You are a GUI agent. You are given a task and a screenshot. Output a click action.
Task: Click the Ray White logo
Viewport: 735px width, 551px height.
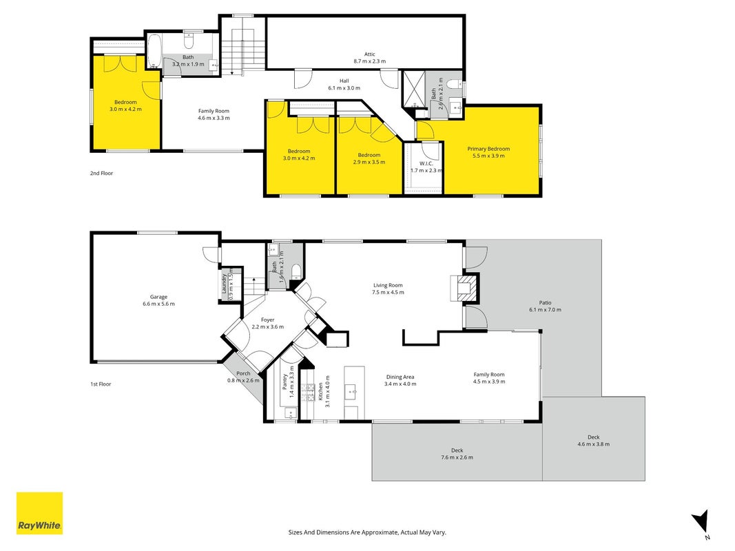point(39,513)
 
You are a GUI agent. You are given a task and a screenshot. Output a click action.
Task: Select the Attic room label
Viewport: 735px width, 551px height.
point(370,54)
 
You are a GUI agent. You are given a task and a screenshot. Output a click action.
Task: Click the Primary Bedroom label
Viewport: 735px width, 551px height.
point(488,149)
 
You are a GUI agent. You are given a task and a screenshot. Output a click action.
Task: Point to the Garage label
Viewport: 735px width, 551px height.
point(158,297)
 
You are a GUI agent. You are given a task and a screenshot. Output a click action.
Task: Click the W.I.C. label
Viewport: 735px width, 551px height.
point(426,163)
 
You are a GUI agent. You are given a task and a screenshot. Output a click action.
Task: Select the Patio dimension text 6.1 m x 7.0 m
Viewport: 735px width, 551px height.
point(545,310)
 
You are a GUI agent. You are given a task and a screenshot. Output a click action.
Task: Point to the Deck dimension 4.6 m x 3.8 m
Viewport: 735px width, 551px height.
point(593,444)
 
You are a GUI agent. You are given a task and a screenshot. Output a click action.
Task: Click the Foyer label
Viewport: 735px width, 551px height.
point(268,320)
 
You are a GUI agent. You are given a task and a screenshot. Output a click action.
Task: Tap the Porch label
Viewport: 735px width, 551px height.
point(243,373)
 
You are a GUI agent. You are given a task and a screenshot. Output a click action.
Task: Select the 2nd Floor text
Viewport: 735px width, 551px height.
point(102,174)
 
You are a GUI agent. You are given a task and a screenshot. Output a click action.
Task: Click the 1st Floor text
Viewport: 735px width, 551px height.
point(101,384)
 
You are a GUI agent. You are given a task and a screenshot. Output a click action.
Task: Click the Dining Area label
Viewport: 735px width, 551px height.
point(400,377)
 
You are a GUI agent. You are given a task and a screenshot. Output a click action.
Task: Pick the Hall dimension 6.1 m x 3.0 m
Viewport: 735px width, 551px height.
point(344,88)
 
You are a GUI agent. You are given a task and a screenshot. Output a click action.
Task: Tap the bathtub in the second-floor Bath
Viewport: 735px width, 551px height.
point(154,52)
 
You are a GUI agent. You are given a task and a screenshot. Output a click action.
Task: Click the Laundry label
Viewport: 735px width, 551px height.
point(224,284)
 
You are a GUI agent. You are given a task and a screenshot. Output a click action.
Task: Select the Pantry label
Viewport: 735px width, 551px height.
point(284,382)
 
